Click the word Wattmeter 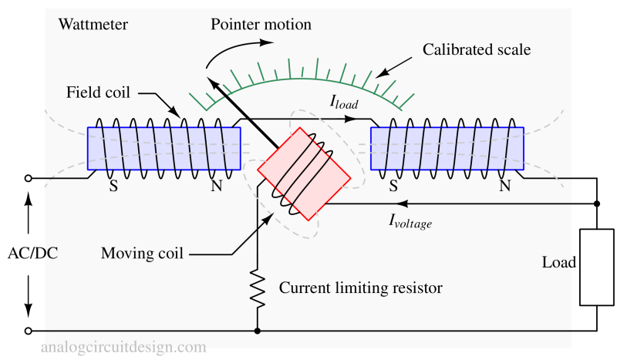click(x=93, y=25)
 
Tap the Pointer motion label click(x=261, y=25)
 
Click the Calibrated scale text click(x=477, y=50)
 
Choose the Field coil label click(x=98, y=93)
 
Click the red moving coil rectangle click(x=304, y=174)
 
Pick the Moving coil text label click(x=142, y=253)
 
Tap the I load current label click(x=344, y=101)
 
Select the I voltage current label click(x=410, y=221)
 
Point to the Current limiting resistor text click(x=360, y=288)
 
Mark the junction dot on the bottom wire click(x=258, y=331)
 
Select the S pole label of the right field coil click(x=393, y=186)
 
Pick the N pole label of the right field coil click(x=504, y=186)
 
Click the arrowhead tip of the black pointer click(x=207, y=76)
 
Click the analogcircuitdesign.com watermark click(x=123, y=347)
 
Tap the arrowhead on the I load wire click(x=352, y=119)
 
